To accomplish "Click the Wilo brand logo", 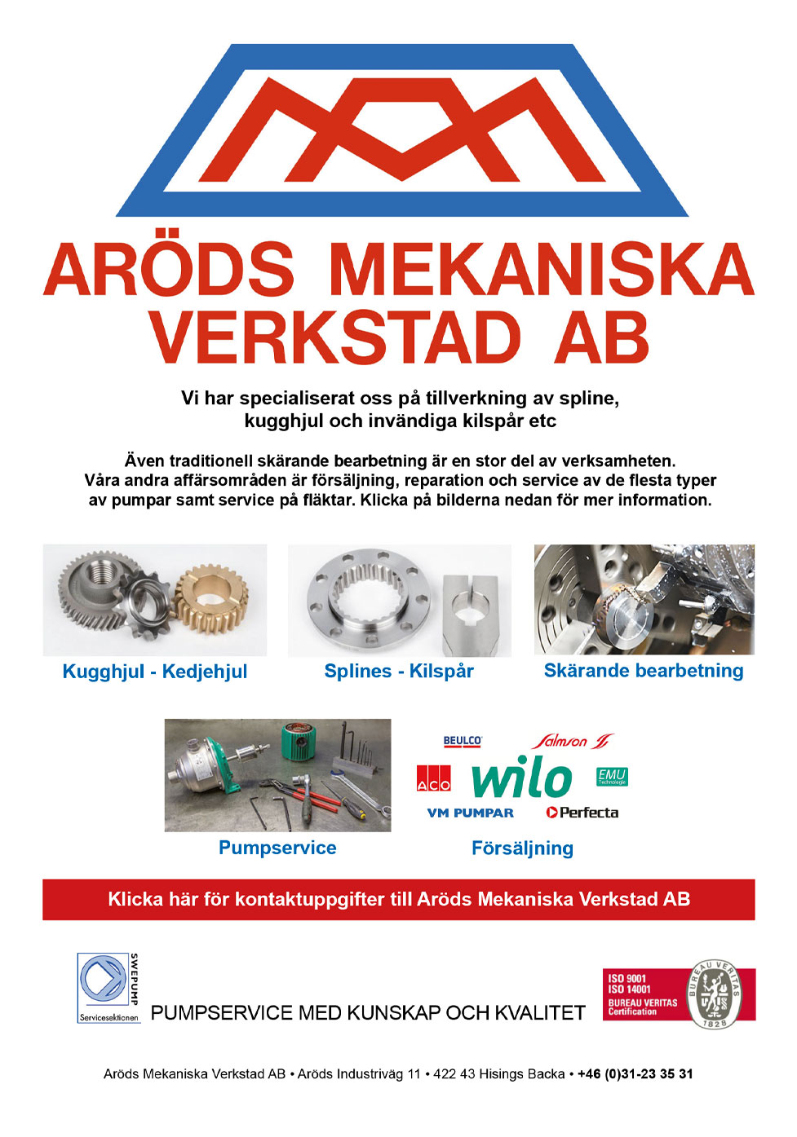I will point(522,778).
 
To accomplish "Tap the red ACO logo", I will point(433,779).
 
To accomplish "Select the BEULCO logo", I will point(463,741).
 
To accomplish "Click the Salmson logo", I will point(570,741).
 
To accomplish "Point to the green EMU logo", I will point(612,776).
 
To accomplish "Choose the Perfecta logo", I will point(582,813).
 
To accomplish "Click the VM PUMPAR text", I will point(471,813).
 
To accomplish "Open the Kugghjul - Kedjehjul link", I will point(155,672).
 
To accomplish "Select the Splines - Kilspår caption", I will point(399,671).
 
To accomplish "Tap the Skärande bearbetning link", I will point(644,670).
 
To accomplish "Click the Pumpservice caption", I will point(277,848).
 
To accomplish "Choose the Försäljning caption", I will point(522,848).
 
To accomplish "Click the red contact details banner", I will point(398,899).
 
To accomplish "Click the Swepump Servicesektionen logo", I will point(108,987).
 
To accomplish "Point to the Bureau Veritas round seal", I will point(714,994).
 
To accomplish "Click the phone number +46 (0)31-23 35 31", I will point(635,1073).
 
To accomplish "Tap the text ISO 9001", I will point(627,978).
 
